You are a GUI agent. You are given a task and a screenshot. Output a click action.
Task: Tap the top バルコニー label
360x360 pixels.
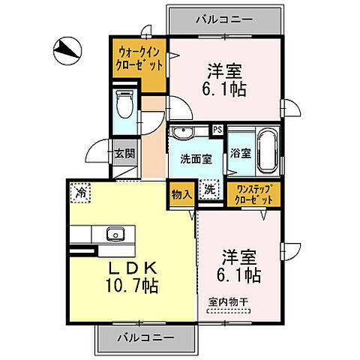(226, 19)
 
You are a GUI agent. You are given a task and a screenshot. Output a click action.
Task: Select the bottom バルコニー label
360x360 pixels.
(145, 337)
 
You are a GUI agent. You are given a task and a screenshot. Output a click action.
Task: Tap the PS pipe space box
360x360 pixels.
(217, 130)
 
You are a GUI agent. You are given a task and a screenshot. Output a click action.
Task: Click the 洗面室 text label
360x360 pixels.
(196, 159)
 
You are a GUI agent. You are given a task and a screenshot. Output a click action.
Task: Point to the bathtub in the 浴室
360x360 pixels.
(267, 148)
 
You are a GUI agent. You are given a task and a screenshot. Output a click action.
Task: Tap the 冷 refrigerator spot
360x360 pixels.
(80, 193)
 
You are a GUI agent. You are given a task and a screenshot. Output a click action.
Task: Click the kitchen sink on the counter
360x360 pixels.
(115, 232)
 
